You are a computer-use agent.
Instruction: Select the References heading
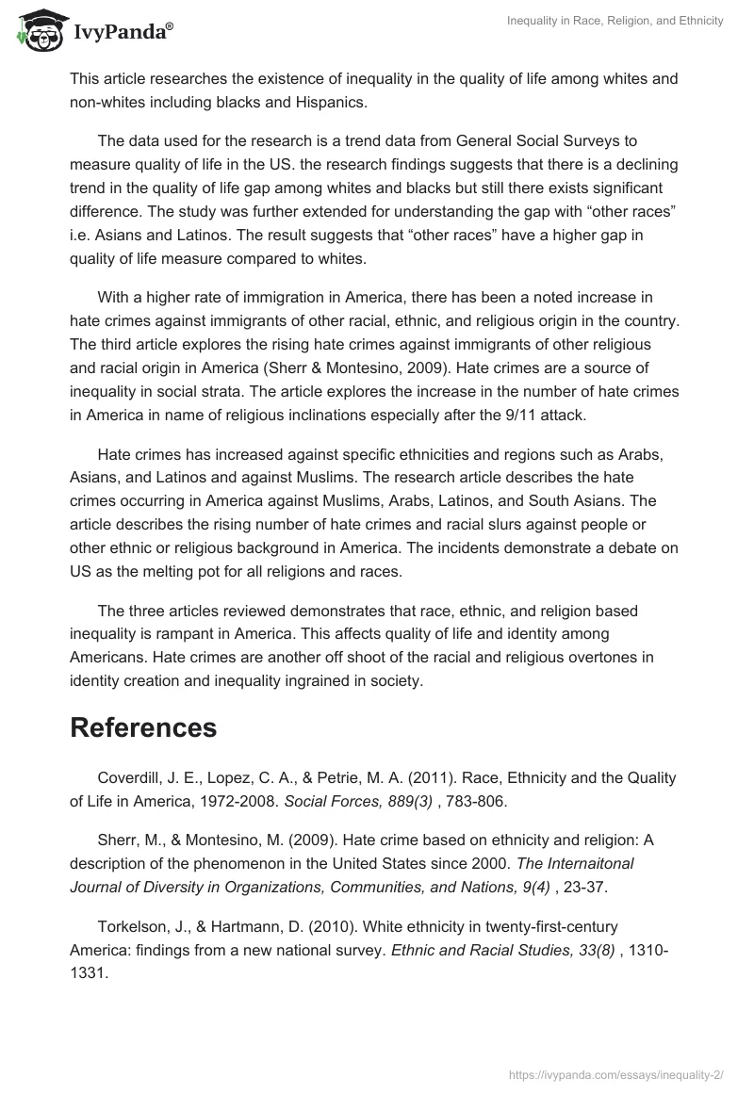143,727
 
